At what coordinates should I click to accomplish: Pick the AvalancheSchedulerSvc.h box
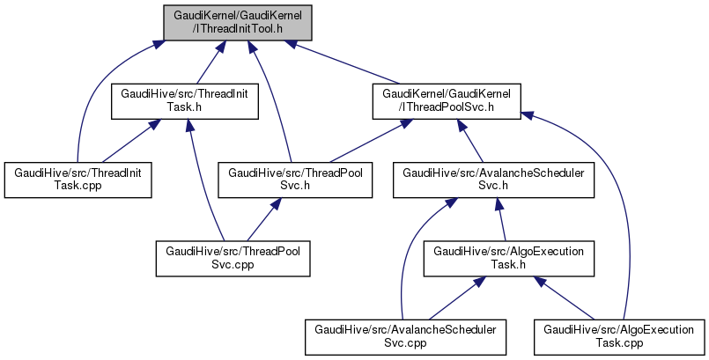[493, 180]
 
